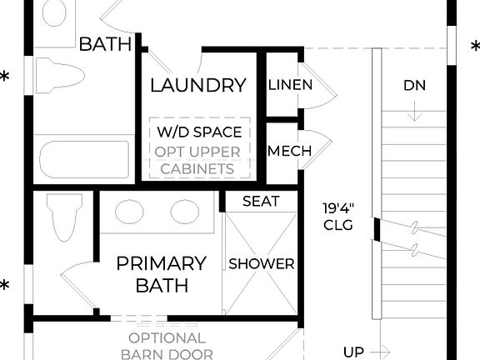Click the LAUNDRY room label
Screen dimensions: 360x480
pos(198,85)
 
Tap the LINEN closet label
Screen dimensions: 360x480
pos(290,85)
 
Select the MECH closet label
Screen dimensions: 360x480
pos(289,152)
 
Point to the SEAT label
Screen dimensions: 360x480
pos(261,202)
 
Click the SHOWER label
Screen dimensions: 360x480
pos(262,264)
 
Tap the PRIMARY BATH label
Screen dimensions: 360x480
pos(161,274)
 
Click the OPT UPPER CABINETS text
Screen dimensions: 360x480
pos(198,161)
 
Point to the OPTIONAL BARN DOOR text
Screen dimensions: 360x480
pos(167,346)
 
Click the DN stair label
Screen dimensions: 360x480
pos(415,85)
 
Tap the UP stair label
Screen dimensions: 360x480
pos(353,352)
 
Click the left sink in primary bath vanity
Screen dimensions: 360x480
pos(129,211)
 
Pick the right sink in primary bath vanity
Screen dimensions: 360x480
pos(184,211)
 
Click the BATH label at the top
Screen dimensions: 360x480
pos(105,44)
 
